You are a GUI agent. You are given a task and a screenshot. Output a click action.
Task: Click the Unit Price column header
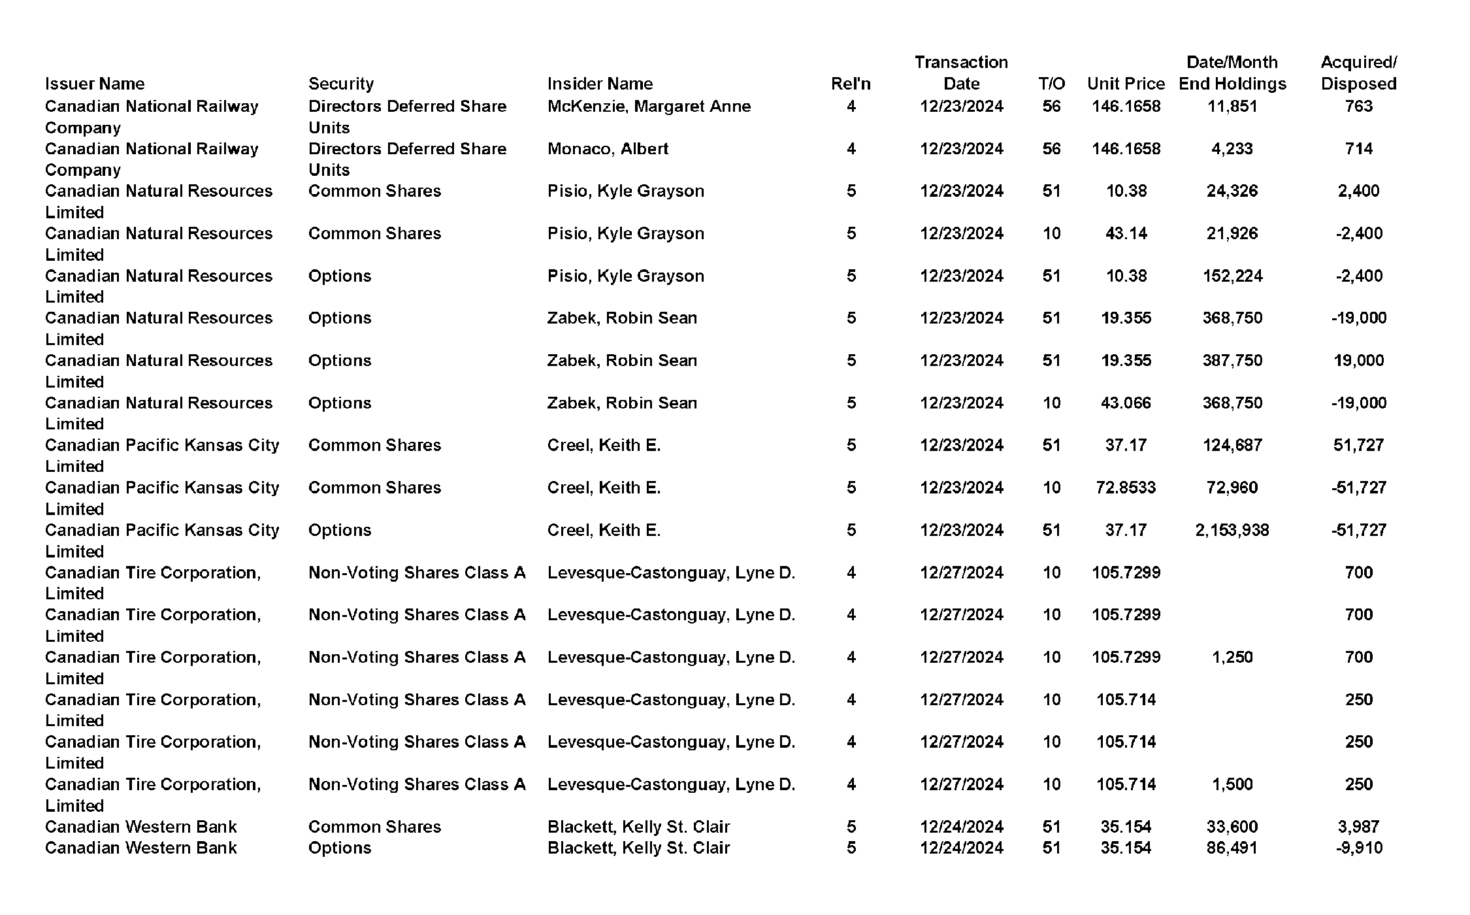click(x=1126, y=84)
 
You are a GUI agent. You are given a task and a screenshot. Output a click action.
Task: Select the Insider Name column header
click(x=600, y=84)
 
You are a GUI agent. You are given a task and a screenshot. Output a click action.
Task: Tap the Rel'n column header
click(x=851, y=84)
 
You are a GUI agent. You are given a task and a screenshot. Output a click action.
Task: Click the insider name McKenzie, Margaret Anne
click(x=649, y=106)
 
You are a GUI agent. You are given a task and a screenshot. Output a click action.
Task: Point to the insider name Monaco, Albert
click(x=608, y=148)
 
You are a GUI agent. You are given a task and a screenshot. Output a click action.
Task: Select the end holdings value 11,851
click(x=1232, y=106)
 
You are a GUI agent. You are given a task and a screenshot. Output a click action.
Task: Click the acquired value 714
click(x=1358, y=148)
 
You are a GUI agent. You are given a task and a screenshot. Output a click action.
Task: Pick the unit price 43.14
click(x=1126, y=233)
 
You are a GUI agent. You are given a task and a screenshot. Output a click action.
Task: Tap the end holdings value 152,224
click(x=1232, y=276)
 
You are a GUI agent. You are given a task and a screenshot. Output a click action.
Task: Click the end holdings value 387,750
click(x=1232, y=360)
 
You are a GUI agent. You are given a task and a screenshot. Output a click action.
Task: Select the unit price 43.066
click(x=1126, y=403)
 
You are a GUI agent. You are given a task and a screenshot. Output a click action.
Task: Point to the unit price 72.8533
click(x=1126, y=488)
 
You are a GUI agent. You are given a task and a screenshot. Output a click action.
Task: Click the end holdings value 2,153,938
click(x=1232, y=530)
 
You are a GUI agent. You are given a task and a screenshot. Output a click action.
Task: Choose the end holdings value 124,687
click(x=1232, y=445)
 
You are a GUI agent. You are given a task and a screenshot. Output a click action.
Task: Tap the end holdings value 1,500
click(x=1232, y=784)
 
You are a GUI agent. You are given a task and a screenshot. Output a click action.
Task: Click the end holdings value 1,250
click(x=1232, y=657)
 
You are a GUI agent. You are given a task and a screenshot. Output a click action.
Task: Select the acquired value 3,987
click(x=1358, y=827)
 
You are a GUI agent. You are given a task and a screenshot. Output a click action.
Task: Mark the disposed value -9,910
click(x=1358, y=848)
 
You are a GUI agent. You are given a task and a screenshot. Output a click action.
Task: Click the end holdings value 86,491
click(x=1232, y=848)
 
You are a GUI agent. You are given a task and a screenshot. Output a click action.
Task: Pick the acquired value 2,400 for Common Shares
click(x=1358, y=191)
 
